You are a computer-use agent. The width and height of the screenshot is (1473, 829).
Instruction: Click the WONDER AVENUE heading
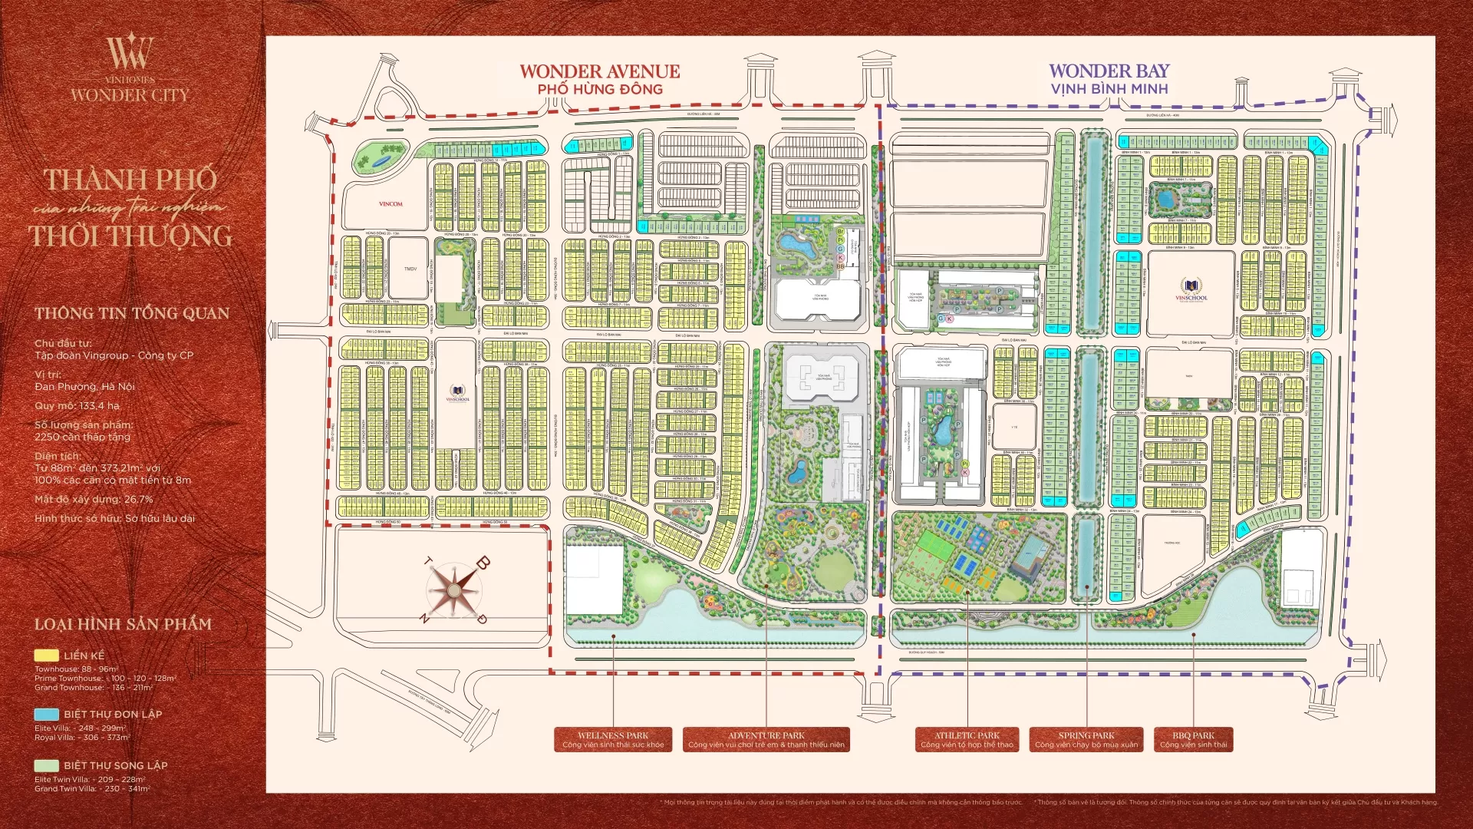(599, 71)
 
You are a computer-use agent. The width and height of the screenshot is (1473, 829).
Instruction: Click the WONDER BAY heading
(1109, 71)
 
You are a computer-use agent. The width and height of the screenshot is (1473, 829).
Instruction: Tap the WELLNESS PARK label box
(613, 739)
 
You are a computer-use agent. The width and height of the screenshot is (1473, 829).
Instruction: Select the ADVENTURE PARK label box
(766, 739)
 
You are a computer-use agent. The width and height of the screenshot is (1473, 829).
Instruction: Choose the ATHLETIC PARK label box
(967, 739)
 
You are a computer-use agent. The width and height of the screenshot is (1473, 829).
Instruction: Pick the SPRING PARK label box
(1086, 739)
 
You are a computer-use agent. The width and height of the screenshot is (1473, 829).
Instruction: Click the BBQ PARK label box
(1193, 739)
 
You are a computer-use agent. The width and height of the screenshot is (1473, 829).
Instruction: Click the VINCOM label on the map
(390, 204)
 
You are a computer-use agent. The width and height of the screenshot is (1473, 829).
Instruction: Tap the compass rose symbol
(453, 590)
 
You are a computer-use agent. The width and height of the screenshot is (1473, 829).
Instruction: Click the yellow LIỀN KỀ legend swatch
(46, 656)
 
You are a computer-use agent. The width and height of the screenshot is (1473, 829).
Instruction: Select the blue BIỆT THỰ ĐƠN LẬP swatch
(46, 714)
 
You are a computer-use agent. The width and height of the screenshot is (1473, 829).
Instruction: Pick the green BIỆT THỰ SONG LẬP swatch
(46, 765)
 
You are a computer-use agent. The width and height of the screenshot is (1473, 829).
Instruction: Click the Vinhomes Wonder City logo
(130, 69)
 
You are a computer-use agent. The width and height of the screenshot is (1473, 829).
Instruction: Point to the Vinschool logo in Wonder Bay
(1191, 291)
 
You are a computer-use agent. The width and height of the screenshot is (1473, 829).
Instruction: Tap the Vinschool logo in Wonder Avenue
(457, 393)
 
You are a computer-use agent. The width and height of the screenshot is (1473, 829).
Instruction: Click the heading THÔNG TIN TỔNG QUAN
(131, 313)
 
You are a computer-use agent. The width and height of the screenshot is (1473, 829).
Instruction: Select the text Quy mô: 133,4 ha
(77, 406)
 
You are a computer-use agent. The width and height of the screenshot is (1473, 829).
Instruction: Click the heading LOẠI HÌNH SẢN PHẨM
(123, 624)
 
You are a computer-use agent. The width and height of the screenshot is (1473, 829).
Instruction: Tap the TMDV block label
(410, 269)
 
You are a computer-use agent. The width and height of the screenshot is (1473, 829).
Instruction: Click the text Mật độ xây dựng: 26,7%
(94, 499)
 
